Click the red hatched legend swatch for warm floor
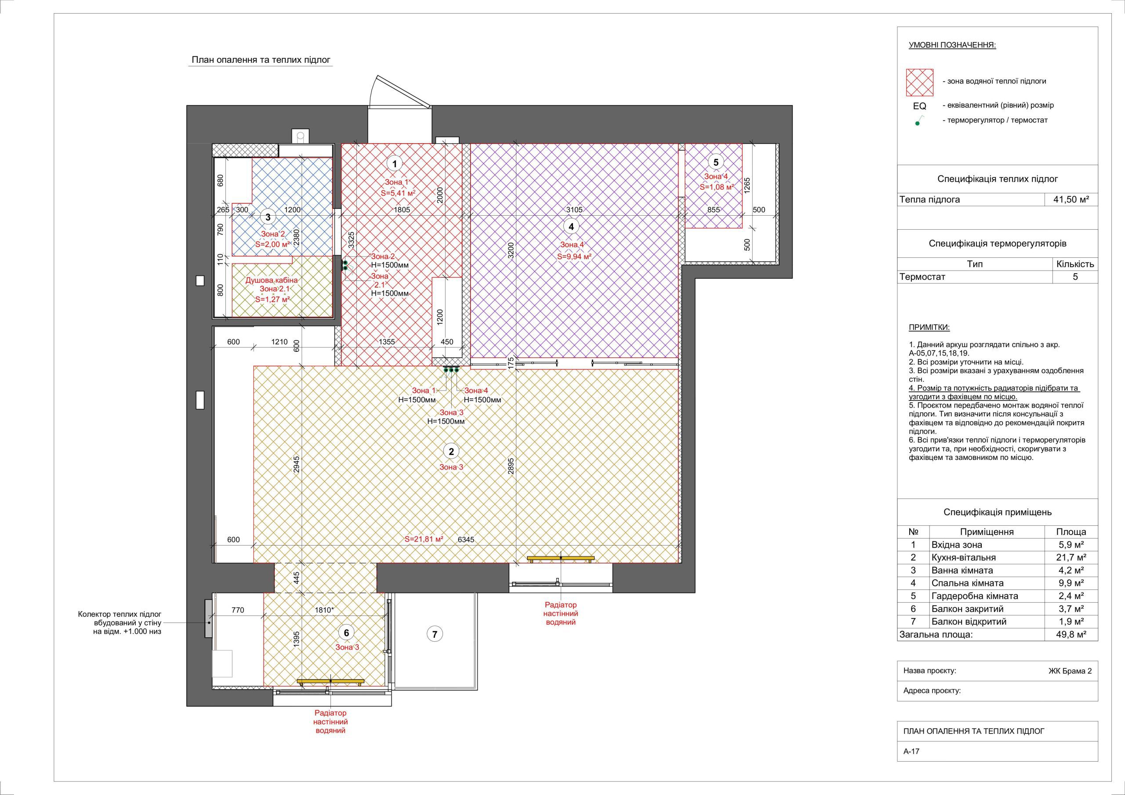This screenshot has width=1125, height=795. (920, 82)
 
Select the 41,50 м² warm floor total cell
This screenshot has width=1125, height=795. (1071, 199)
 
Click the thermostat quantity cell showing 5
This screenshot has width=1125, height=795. (1075, 277)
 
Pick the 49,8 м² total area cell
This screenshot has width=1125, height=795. (1071, 634)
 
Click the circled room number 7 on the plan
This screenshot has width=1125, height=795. (435, 634)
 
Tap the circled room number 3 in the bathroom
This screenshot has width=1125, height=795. (268, 217)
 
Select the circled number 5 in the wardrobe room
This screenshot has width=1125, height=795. (716, 162)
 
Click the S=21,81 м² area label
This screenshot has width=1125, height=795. (424, 539)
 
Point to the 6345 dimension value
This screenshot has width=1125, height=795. (465, 540)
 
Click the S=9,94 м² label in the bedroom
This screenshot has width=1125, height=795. (572, 256)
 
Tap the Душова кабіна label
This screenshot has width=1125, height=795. (272, 281)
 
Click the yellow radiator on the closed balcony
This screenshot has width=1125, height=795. (331, 681)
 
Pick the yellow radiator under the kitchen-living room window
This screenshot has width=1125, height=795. (561, 558)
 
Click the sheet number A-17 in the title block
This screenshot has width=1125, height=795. (911, 765)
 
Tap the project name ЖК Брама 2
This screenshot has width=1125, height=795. (1070, 671)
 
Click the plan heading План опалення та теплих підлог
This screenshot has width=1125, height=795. (261, 60)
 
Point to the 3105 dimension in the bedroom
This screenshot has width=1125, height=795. (574, 210)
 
